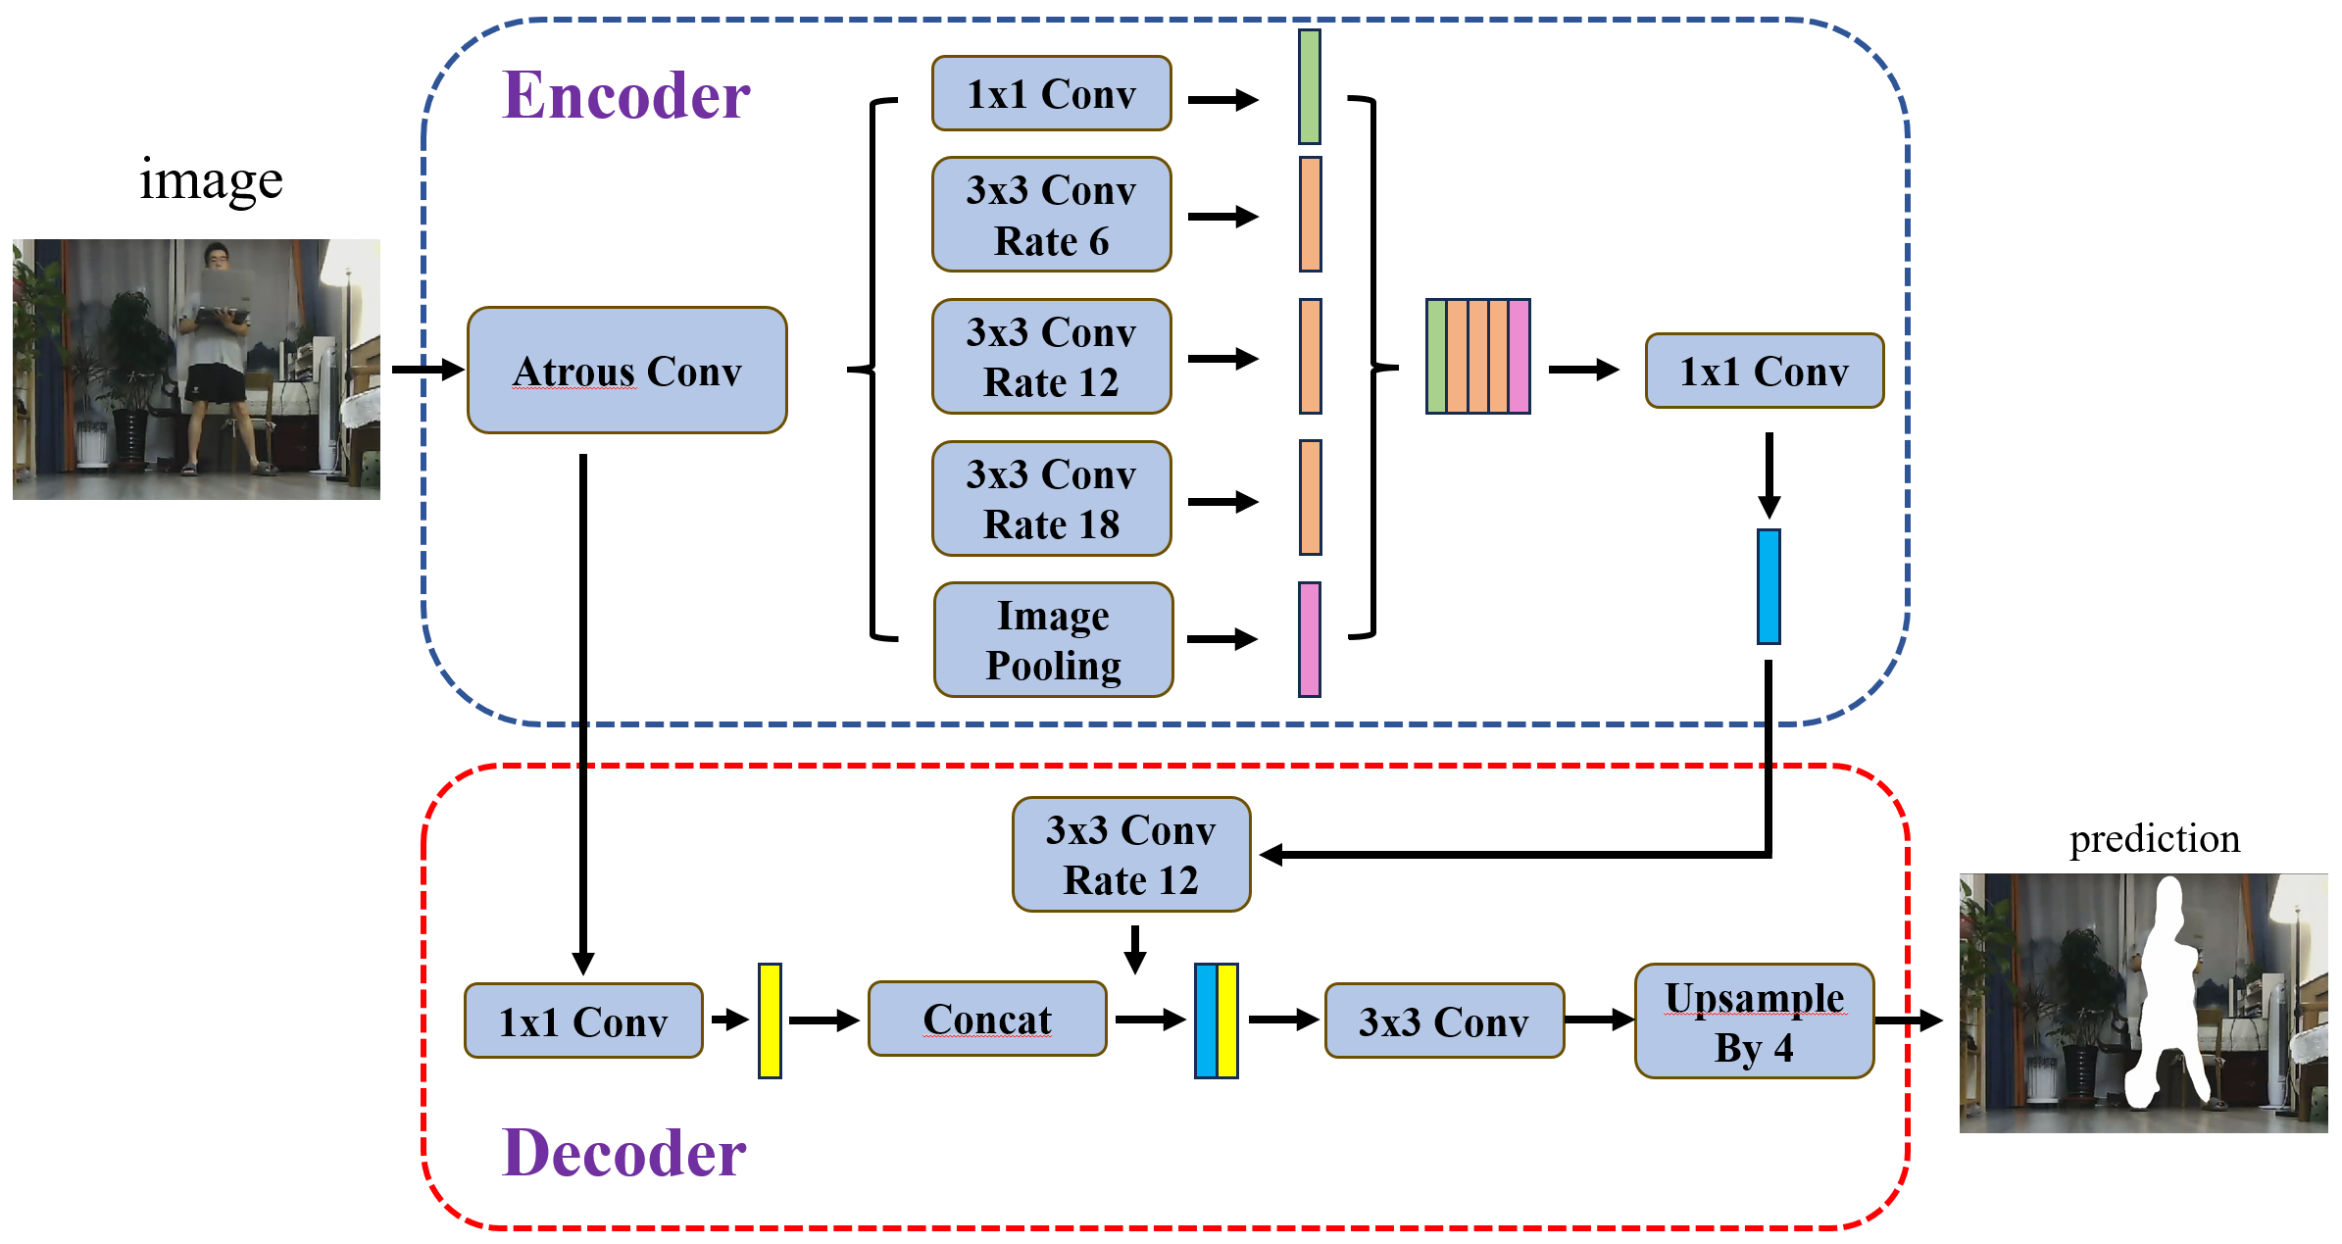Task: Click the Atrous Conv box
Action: [627, 371]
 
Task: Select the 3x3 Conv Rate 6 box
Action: [1052, 215]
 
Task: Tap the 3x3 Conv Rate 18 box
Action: [1052, 499]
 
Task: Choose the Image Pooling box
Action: [1054, 640]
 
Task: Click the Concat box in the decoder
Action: [987, 1020]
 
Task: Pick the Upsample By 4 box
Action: [1754, 1021]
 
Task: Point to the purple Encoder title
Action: [626, 96]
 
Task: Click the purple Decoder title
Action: [624, 1153]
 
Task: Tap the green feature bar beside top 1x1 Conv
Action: [1310, 87]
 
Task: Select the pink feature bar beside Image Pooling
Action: [1310, 640]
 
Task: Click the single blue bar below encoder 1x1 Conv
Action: [1769, 587]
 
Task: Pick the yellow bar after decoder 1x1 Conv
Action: [770, 1021]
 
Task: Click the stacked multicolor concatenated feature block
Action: [1478, 357]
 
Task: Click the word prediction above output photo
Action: [2155, 839]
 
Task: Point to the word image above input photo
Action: [211, 181]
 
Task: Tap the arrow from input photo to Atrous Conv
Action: [426, 370]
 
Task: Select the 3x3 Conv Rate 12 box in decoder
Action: [1131, 855]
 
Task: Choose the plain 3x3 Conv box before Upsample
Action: [1444, 1021]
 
